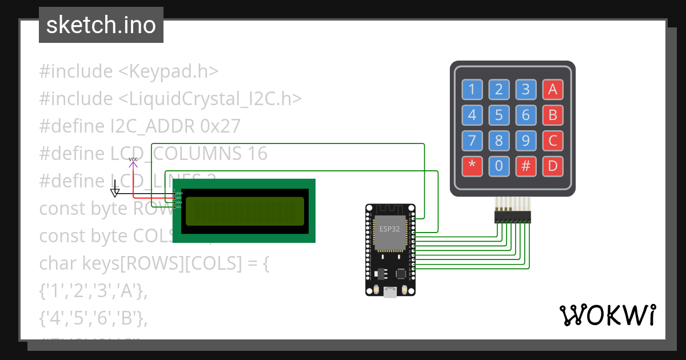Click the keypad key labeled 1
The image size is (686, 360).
point(472,89)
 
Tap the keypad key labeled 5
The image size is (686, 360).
point(498,115)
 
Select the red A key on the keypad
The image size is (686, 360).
point(552,89)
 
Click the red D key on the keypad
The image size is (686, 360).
point(552,166)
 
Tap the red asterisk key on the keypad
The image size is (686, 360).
point(472,166)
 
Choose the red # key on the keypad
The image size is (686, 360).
point(525,166)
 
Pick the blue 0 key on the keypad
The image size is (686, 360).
point(498,166)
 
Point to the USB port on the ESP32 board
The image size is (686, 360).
point(390,292)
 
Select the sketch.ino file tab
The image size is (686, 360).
point(101,25)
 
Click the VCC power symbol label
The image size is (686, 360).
point(133,159)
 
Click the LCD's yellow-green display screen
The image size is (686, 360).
point(245,210)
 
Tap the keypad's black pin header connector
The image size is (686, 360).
point(512,217)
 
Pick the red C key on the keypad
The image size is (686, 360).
point(552,141)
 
